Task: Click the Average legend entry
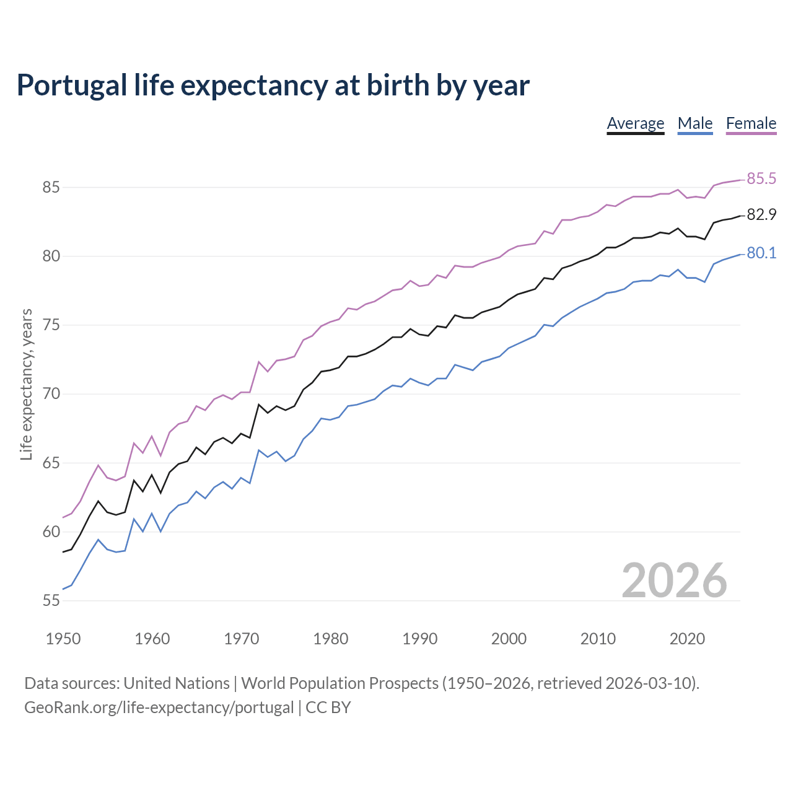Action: coord(635,123)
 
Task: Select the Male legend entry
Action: coord(695,123)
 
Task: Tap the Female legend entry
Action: coord(751,123)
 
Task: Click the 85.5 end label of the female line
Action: coord(761,179)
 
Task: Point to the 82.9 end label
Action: coord(761,215)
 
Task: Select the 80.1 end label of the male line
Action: coord(761,253)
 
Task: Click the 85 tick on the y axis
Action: coord(51,187)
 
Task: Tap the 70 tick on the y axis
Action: coord(51,394)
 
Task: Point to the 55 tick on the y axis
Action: coord(51,600)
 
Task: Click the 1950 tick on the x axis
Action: coord(63,639)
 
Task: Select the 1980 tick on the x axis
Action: coord(330,639)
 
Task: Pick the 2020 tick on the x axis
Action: coord(687,639)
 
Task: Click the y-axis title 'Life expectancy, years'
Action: coord(27,385)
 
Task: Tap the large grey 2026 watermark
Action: coord(674,581)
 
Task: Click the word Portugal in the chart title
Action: coord(72,85)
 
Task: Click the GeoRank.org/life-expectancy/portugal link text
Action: coord(159,708)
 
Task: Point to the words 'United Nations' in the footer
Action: coord(177,683)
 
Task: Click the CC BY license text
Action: coord(328,708)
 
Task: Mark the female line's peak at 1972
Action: coord(258,361)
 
